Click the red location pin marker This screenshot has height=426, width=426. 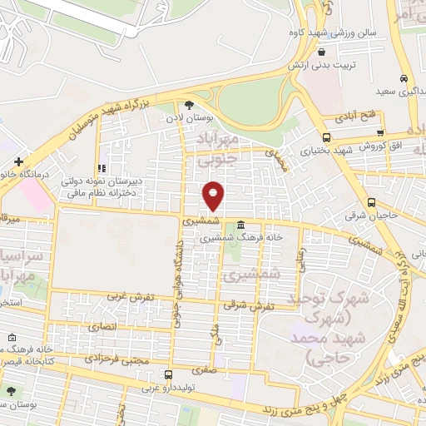click(x=214, y=196)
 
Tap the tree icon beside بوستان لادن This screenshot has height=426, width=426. click(x=189, y=105)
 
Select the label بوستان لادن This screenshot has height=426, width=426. click(x=185, y=119)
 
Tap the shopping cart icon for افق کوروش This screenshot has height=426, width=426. click(x=379, y=132)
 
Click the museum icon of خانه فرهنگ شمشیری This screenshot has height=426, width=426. click(x=240, y=224)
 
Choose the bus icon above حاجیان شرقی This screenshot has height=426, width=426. click(x=371, y=201)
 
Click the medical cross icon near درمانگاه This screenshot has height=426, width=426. click(x=17, y=161)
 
